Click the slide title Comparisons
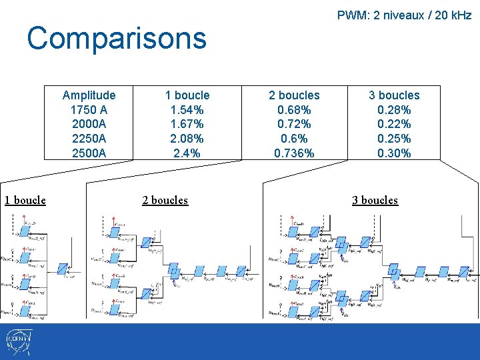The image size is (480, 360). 117,39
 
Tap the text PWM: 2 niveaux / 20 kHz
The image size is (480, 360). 404,15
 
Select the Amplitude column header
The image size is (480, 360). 89,95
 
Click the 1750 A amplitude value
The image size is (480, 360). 89,110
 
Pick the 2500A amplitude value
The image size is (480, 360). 89,153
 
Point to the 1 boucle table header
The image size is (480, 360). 187,95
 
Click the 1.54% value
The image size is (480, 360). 187,110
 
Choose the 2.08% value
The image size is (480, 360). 187,139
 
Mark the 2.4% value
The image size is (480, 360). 187,153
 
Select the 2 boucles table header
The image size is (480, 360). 294,95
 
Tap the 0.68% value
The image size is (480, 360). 294,110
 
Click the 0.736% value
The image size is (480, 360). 294,153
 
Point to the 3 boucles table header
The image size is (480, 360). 394,95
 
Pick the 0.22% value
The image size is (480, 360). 394,124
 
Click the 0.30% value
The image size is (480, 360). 394,153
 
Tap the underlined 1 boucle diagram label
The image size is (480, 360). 25,200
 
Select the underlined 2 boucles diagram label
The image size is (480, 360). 165,200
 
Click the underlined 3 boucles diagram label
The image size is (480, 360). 375,200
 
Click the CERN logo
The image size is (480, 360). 17,342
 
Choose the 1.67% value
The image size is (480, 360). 187,124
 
